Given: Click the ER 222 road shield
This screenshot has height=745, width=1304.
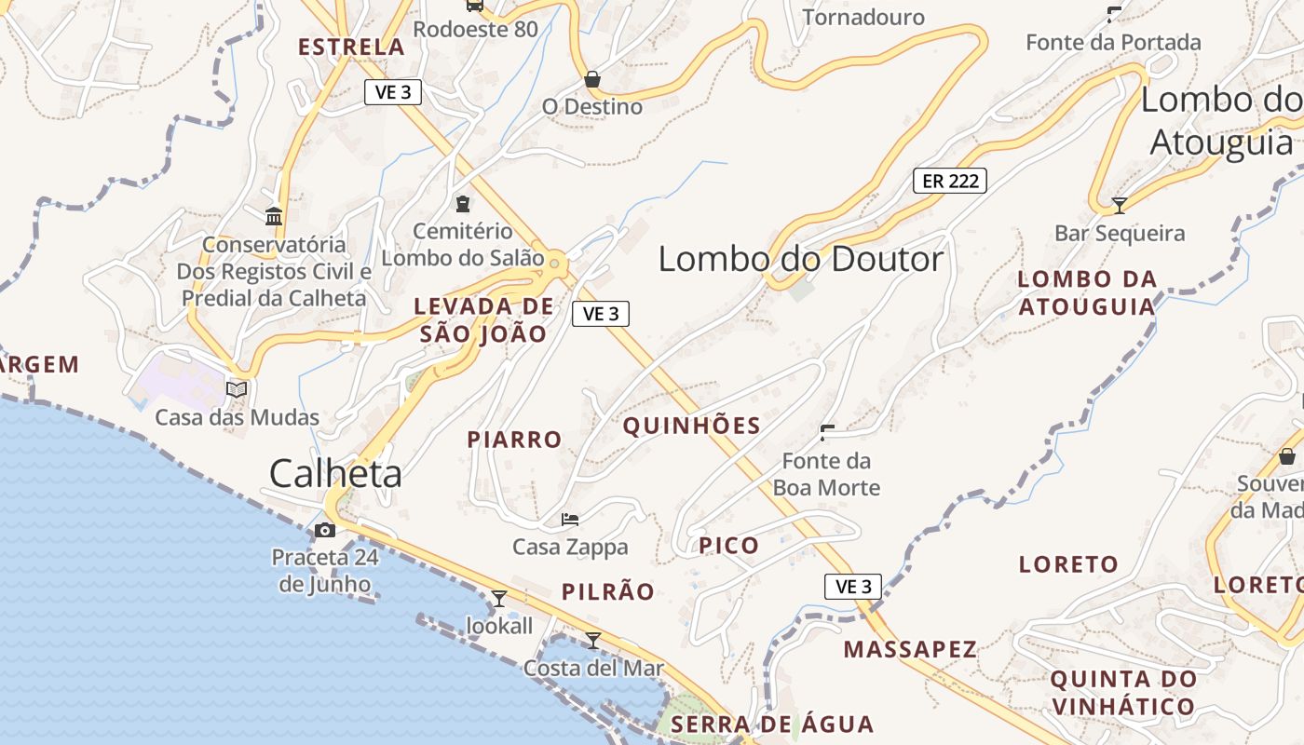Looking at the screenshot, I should pyautogui.click(x=949, y=181).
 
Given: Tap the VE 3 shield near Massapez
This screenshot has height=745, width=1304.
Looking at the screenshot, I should pyautogui.click(x=853, y=587).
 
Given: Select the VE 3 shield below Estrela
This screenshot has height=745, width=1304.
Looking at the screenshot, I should pyautogui.click(x=393, y=91).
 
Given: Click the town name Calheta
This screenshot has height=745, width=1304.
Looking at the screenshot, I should pyautogui.click(x=335, y=474).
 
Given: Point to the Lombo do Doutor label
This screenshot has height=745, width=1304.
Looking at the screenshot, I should pyautogui.click(x=801, y=259).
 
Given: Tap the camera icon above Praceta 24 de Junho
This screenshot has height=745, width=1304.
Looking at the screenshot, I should pyautogui.click(x=325, y=531).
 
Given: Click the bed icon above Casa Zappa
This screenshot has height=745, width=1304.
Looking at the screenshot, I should pyautogui.click(x=570, y=519).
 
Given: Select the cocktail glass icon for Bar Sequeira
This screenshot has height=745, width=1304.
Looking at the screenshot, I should pyautogui.click(x=1120, y=205).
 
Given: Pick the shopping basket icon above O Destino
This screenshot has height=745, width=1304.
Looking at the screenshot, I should pyautogui.click(x=591, y=79).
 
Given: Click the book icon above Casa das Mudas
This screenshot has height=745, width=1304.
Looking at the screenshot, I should pyautogui.click(x=237, y=389).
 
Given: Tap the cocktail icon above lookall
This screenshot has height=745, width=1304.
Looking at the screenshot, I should pyautogui.click(x=499, y=598).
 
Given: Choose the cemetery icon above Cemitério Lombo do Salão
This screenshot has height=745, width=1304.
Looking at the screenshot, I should pyautogui.click(x=462, y=203).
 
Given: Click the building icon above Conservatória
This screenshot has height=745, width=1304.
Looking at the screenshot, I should pyautogui.click(x=274, y=216).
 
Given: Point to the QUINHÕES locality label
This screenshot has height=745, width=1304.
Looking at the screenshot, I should pyautogui.click(x=691, y=427).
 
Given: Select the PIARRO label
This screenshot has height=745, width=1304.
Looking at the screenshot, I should pyautogui.click(x=514, y=440).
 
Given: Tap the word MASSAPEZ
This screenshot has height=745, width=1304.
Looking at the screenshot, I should pyautogui.click(x=910, y=650).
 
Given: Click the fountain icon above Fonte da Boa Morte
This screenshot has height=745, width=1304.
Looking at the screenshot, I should pyautogui.click(x=826, y=432).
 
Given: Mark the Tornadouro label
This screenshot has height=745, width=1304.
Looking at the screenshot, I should pyautogui.click(x=863, y=17).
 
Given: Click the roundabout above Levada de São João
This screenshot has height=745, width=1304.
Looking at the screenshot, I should pyautogui.click(x=555, y=264).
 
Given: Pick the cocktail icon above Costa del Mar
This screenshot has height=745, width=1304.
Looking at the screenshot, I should pyautogui.click(x=592, y=640).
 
